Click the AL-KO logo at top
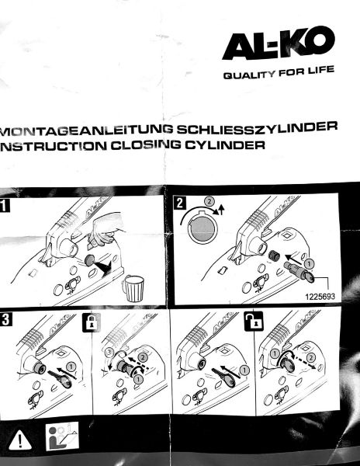pos(278,43)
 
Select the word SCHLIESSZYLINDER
pos(257,127)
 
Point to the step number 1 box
pos(5,205)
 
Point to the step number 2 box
pos(180,203)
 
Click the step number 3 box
pos(6,319)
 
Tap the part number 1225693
pos(320,297)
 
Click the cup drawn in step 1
pos(133,288)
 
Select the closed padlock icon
pos(92,322)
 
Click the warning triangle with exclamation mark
pos(20,440)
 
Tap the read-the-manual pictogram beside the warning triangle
pos(62,436)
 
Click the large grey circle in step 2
pos(202,228)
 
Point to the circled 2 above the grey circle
pos(209,201)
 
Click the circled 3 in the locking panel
pos(109,353)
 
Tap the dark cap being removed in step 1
pos(90,260)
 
